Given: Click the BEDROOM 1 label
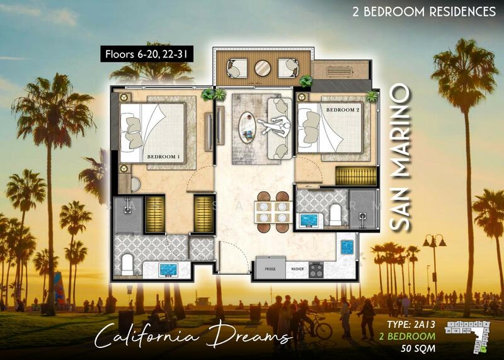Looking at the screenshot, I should click(163, 156).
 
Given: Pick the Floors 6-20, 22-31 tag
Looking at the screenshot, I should click(146, 55).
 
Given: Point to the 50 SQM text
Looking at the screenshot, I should click(419, 347).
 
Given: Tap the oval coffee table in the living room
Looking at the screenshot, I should click(247, 124).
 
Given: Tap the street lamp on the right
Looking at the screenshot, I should click(435, 265).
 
